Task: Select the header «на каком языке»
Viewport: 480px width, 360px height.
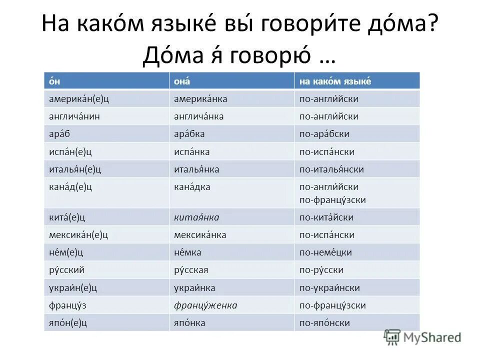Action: coord(335,81)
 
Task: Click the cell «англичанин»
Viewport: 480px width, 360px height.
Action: coord(71,116)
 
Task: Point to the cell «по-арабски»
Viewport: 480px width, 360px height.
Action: coord(324,134)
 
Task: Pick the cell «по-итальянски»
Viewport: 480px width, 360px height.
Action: coord(331,169)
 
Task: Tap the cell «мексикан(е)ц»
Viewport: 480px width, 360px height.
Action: coord(79,235)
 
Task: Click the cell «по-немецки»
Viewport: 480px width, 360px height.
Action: coord(325,252)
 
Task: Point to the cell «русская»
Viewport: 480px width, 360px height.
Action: coord(190,270)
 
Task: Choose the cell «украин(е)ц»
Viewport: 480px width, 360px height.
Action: coord(73,287)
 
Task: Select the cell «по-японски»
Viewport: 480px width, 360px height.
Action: coord(324,323)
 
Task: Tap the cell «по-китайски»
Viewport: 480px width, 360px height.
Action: coord(326,217)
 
